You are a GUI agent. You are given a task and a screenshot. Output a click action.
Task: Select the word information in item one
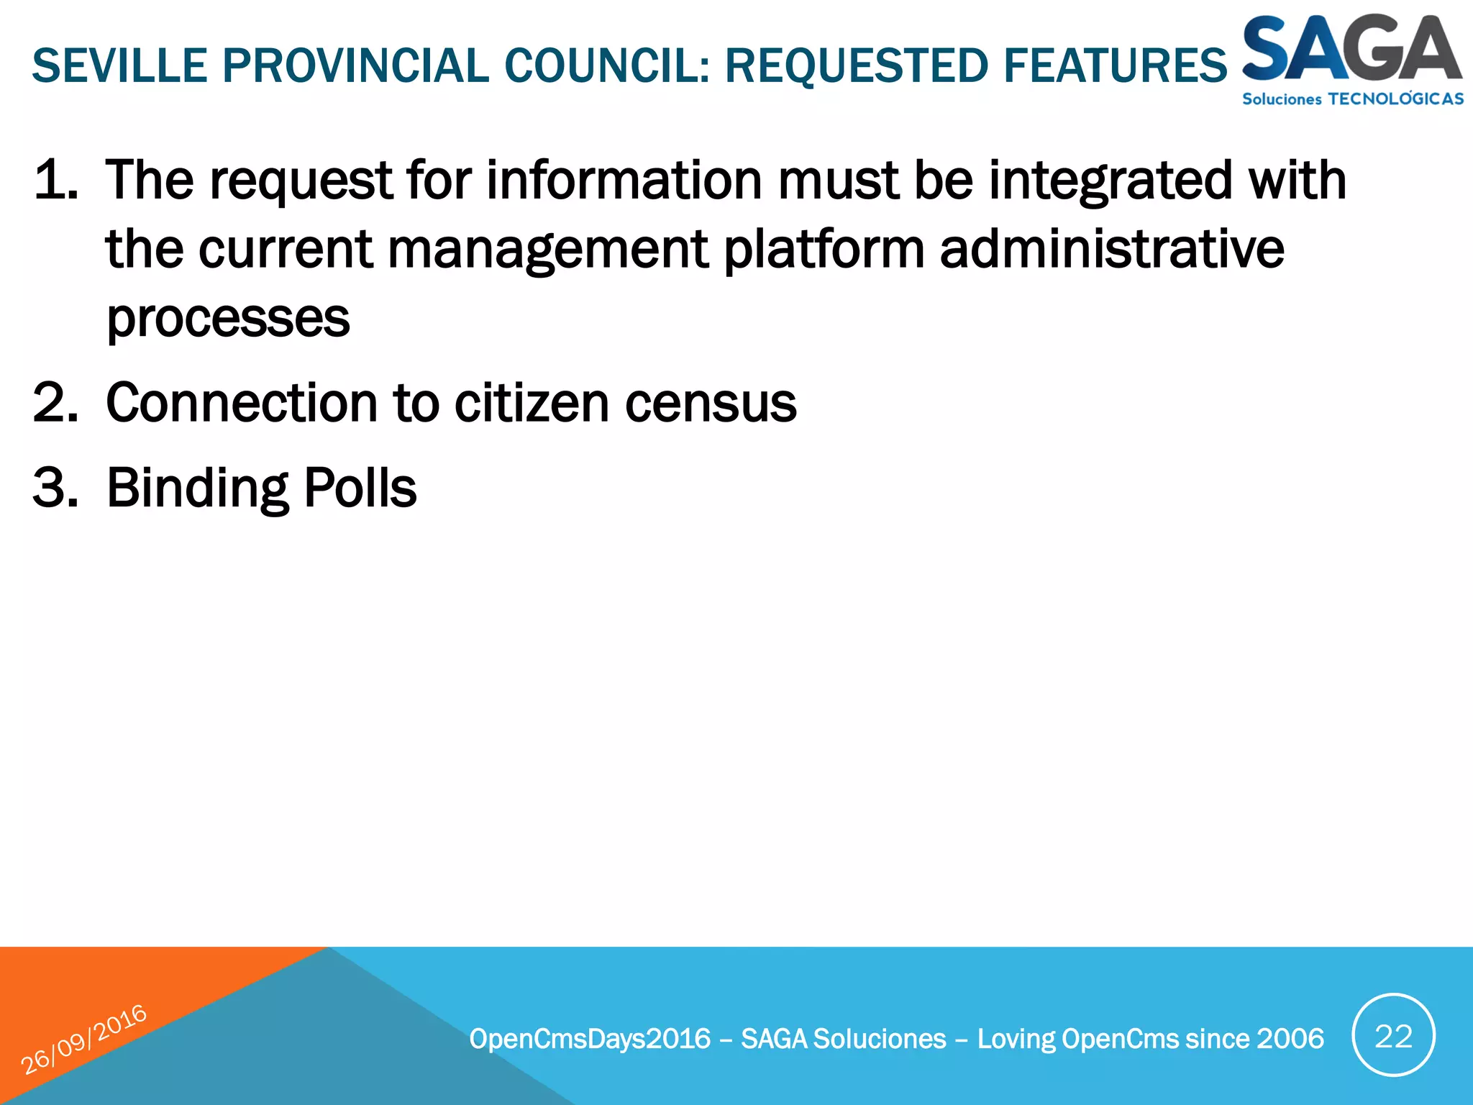click(624, 180)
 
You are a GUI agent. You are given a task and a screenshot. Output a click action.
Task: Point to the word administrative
click(1111, 249)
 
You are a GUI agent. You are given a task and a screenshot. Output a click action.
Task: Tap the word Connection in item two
click(242, 403)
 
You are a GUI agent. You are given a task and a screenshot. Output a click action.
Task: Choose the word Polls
click(360, 488)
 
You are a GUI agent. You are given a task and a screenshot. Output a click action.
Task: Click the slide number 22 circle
click(1393, 1036)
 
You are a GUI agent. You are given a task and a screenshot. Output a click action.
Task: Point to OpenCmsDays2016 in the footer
click(590, 1039)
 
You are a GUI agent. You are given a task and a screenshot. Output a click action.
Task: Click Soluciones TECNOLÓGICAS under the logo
click(1352, 99)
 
